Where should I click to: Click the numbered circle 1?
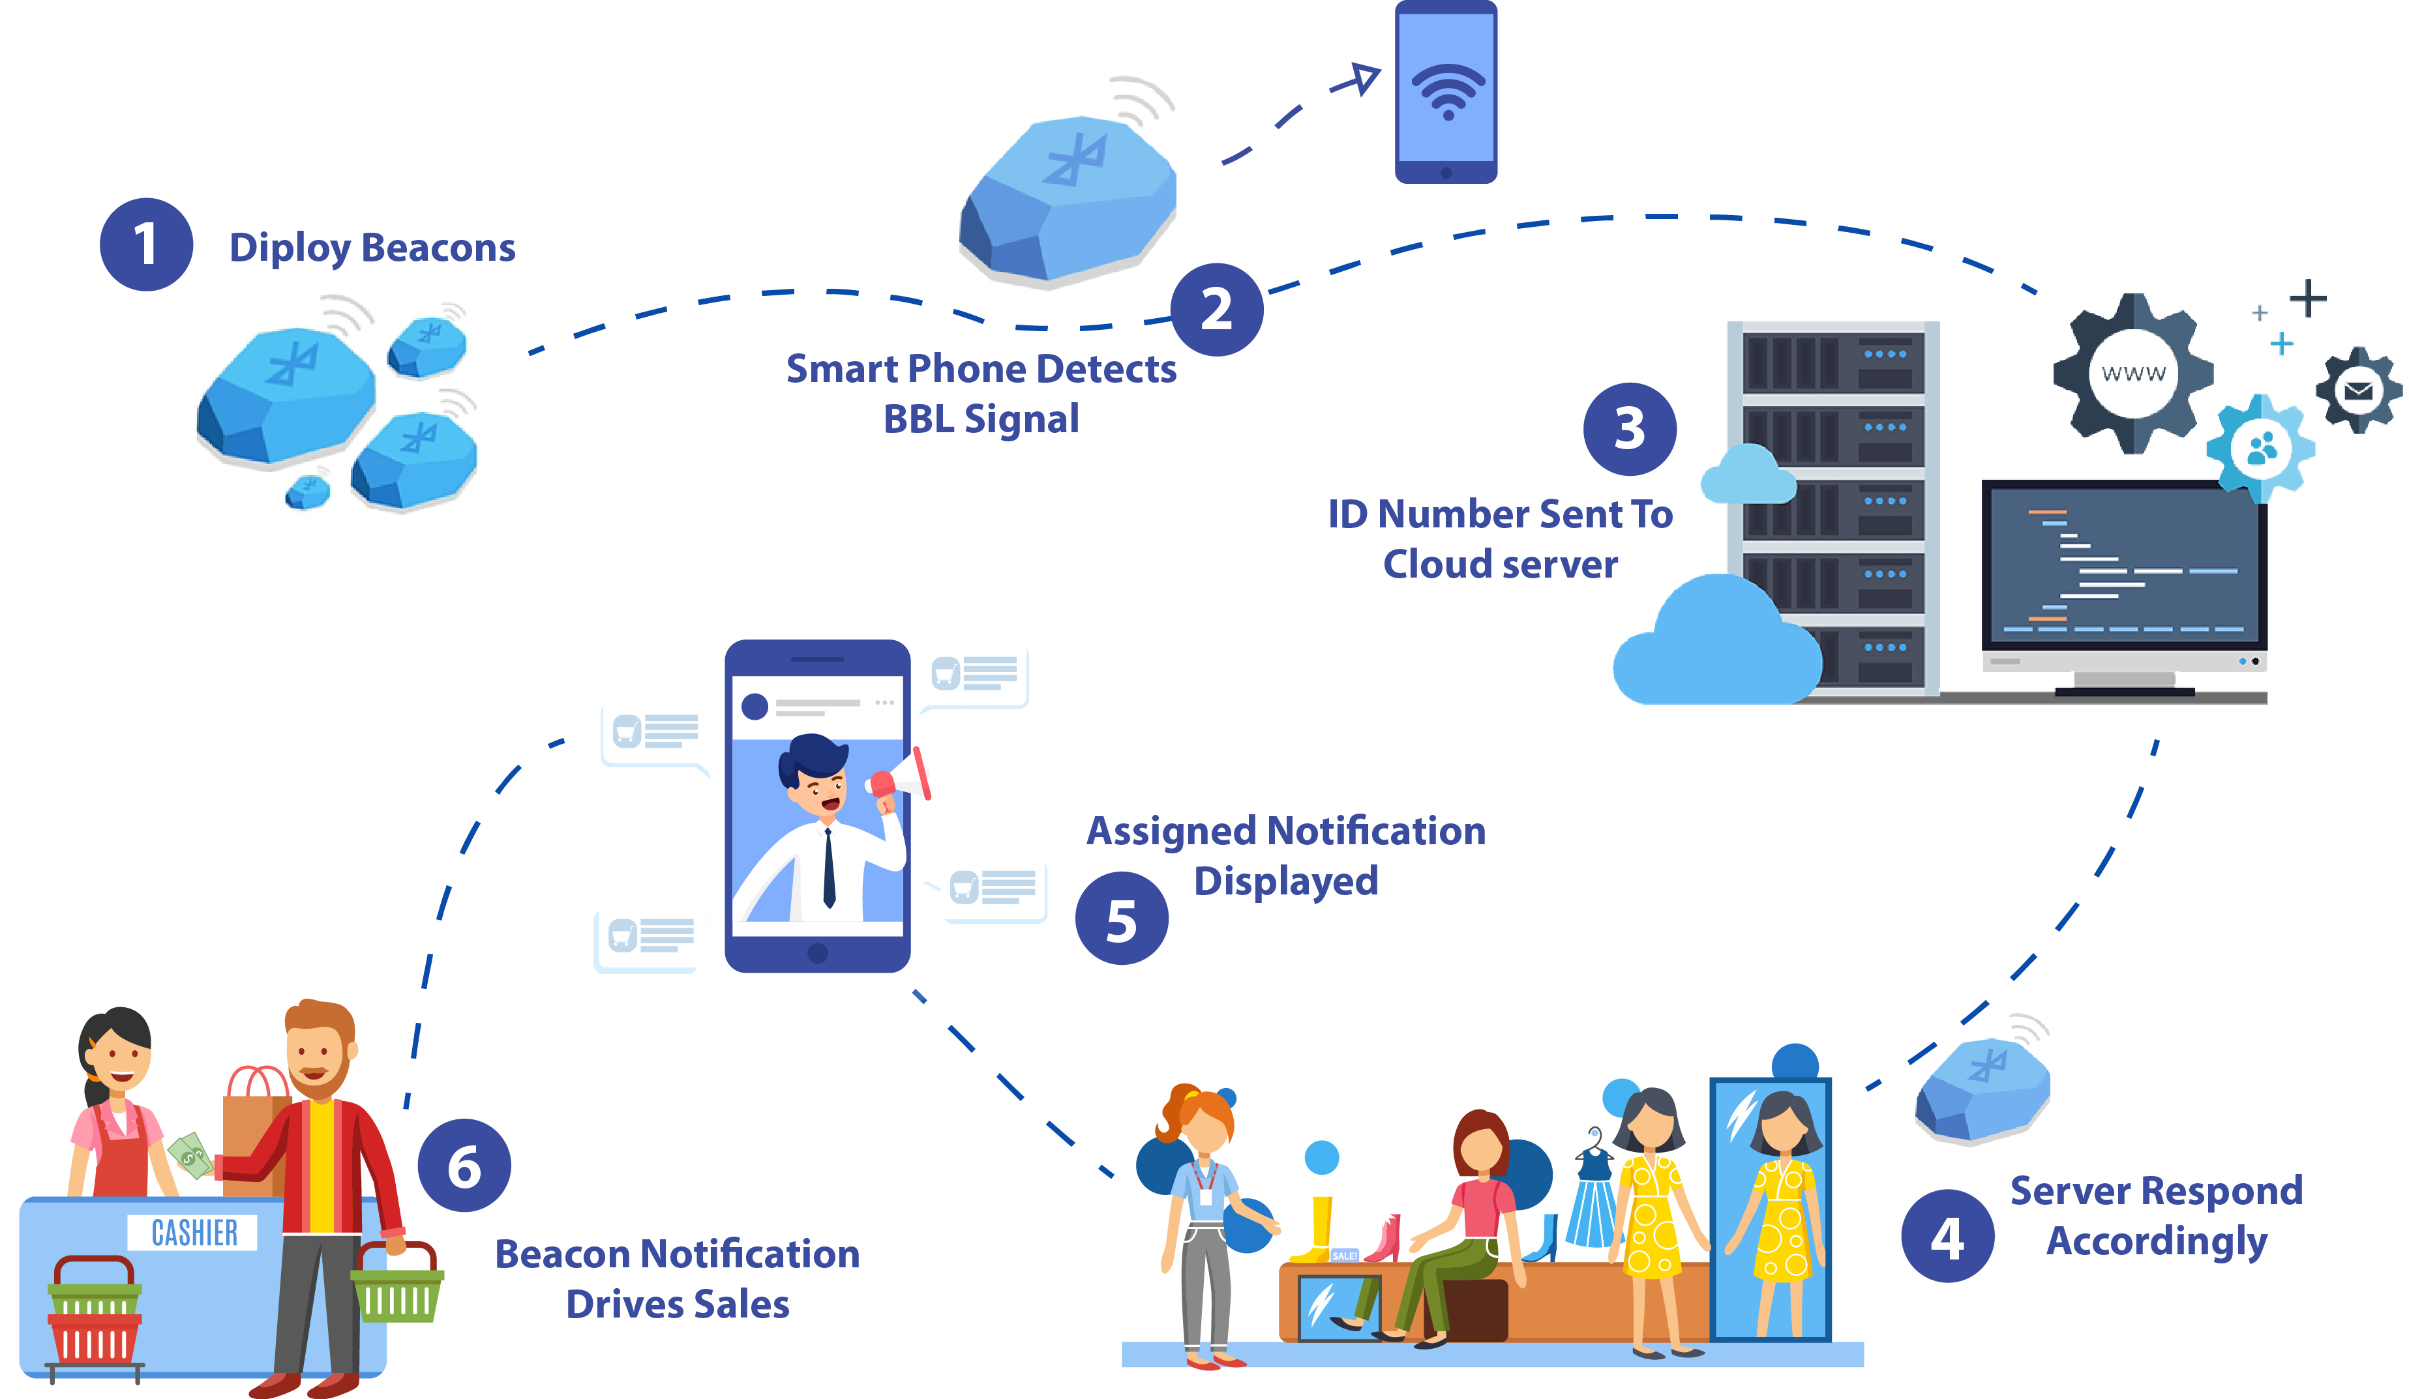coord(146,244)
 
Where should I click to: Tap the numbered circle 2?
coord(1217,310)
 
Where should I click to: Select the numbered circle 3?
coord(1629,429)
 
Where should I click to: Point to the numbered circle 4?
coord(1947,1235)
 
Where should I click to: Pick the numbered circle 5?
coord(1121,919)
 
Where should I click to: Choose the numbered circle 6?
coord(464,1166)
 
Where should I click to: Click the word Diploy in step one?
coord(290,248)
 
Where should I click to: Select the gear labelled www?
coord(2132,374)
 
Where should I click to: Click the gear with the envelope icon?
coord(2358,390)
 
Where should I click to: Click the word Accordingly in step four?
coord(2157,1241)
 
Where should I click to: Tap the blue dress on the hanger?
coord(1591,1200)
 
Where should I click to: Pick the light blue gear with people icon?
coord(2262,448)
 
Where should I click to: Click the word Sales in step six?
coord(745,1304)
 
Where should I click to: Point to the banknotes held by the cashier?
coord(190,1156)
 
